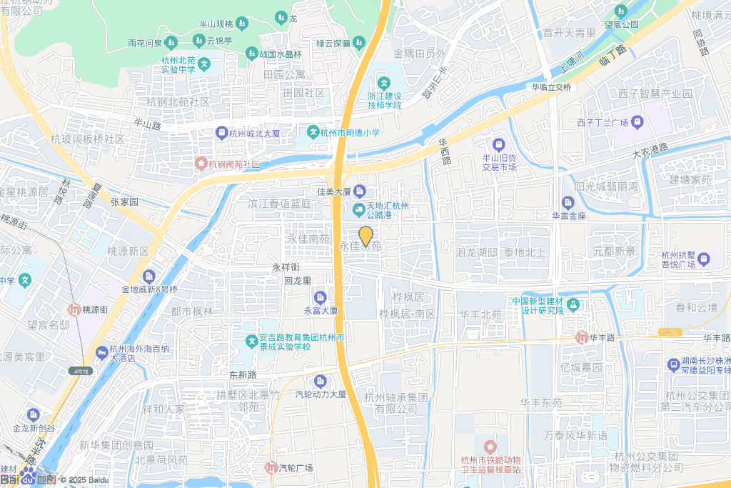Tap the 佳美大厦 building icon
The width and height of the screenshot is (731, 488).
coord(359,191)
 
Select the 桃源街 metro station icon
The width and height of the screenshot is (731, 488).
coord(74,310)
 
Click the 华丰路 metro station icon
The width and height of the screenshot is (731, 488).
coord(582,337)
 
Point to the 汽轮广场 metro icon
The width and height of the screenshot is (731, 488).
coord(271,468)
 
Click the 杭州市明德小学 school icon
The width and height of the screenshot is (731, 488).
coord(312,132)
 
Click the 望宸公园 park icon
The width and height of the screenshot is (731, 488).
coord(620,11)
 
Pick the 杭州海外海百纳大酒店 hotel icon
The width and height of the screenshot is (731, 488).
coord(102,353)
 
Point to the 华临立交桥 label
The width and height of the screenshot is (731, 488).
coord(551,87)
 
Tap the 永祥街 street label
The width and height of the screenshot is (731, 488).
coord(286,267)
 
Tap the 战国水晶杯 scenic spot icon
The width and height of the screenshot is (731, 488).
coord(251,54)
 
